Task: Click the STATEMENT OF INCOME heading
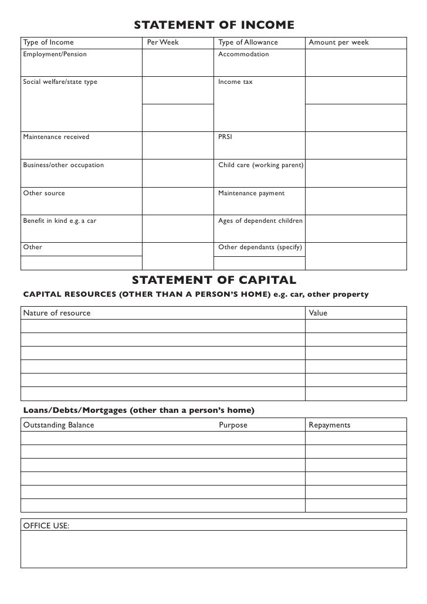click(214, 25)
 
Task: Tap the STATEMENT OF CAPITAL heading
click(214, 279)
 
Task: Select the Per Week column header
click(163, 43)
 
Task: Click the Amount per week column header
click(338, 43)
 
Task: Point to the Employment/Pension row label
click(55, 55)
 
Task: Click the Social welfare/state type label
click(60, 82)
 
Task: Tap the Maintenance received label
click(56, 137)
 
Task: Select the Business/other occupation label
click(63, 165)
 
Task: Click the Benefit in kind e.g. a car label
click(59, 220)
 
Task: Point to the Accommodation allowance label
click(243, 55)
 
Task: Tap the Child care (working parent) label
click(260, 165)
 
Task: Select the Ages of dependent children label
click(260, 220)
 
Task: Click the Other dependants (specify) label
click(260, 247)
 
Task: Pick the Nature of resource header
click(57, 313)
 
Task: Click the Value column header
click(318, 313)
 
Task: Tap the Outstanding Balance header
click(58, 425)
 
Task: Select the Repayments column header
click(330, 425)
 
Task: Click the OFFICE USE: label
click(46, 525)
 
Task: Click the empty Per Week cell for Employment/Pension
click(177, 63)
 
